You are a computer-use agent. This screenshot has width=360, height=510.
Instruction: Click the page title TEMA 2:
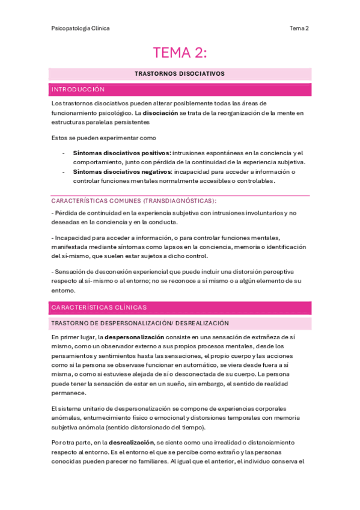click(180, 53)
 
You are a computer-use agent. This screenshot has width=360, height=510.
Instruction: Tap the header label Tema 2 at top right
click(299, 28)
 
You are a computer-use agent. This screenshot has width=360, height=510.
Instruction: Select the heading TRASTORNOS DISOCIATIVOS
click(180, 73)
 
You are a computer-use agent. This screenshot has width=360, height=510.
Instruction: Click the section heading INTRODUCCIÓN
click(78, 90)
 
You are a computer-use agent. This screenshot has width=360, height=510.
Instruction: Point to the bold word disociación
click(161, 112)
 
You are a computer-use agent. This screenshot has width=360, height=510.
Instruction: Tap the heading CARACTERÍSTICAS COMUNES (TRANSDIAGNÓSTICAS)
click(134, 200)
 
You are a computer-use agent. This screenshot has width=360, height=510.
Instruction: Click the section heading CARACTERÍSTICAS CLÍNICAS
click(95, 307)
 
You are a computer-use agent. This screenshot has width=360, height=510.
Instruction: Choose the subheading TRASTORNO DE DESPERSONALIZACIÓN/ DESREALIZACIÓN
click(140, 324)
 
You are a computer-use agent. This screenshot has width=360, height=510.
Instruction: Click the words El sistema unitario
click(76, 409)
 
